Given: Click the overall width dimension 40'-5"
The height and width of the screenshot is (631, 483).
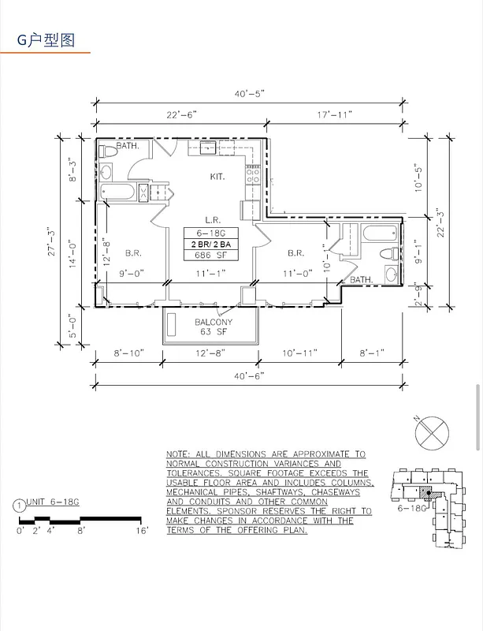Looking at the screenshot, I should (x=249, y=94).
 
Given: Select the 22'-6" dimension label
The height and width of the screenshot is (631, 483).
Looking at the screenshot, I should (x=182, y=115).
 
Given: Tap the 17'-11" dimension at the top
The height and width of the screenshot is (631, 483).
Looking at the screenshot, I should (x=336, y=115).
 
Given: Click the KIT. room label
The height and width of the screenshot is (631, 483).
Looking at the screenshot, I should (x=217, y=177).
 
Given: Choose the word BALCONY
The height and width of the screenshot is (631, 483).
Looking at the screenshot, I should (x=214, y=322).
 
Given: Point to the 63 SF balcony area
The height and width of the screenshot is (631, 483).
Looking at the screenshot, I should (x=214, y=332).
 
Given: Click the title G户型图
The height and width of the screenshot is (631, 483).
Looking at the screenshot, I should (x=46, y=40).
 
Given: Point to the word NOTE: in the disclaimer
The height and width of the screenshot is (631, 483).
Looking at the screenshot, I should (x=180, y=455).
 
